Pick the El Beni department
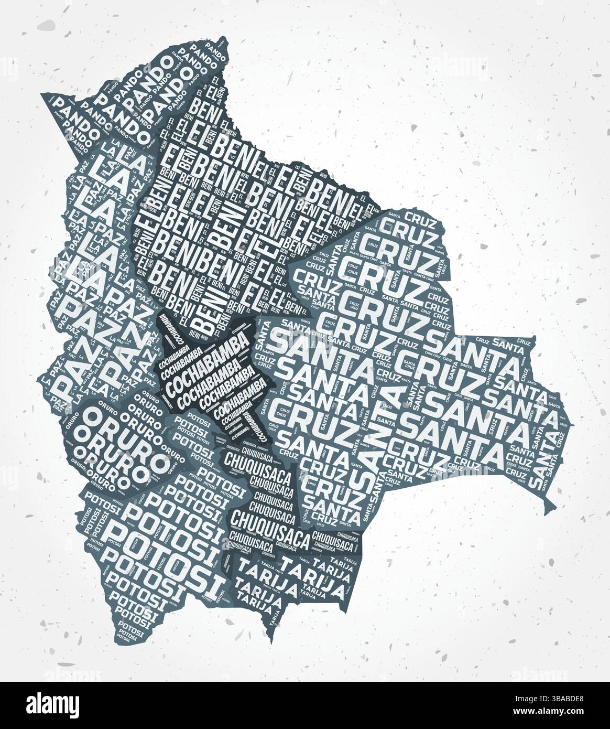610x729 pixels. tap(220, 220)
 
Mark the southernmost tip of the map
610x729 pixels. tap(270, 641)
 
